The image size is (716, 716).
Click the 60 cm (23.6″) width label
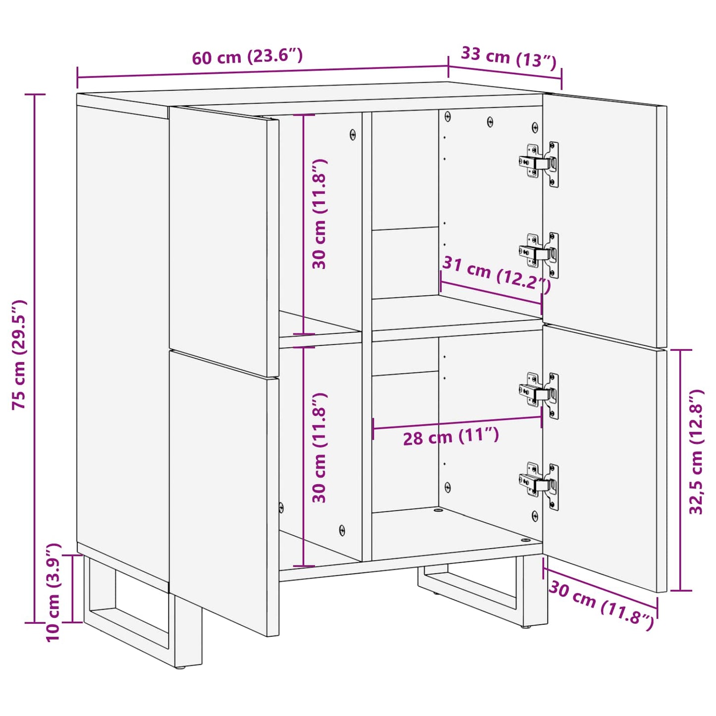[x=247, y=56]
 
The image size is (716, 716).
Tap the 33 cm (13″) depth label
[x=509, y=57]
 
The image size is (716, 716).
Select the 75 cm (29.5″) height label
[x=20, y=354]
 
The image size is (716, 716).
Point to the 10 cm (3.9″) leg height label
[x=53, y=592]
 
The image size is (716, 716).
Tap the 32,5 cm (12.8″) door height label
[x=696, y=452]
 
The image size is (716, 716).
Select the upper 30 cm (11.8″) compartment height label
[x=320, y=214]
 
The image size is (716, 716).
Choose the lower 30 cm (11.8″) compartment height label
[x=320, y=448]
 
